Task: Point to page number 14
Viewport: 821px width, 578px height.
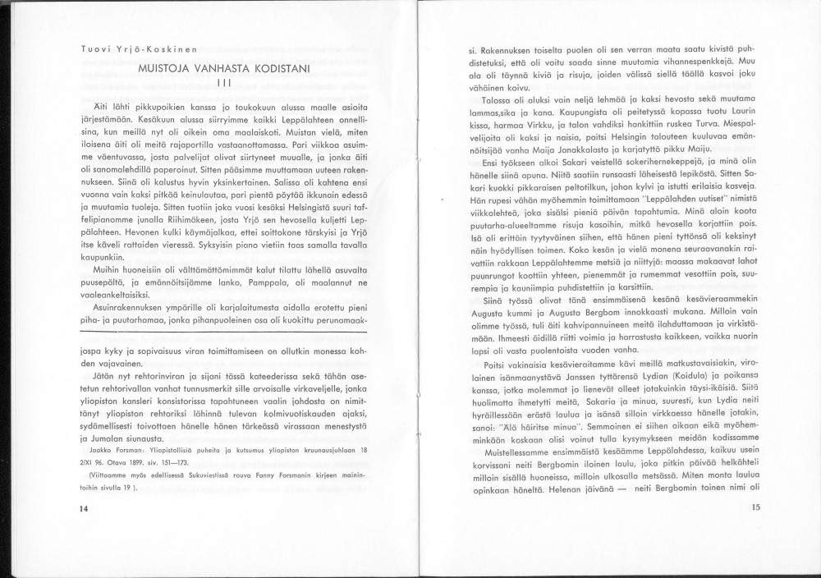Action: (x=84, y=509)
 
